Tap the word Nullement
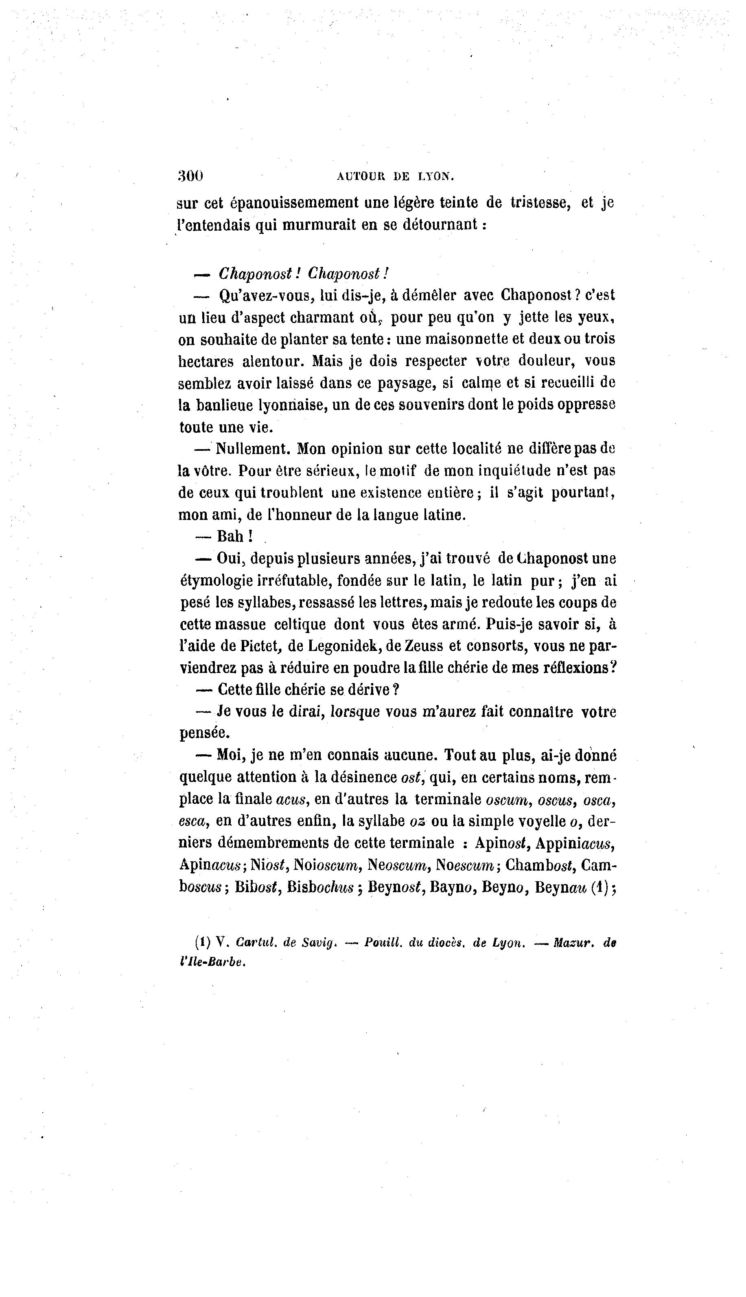point(253,449)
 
